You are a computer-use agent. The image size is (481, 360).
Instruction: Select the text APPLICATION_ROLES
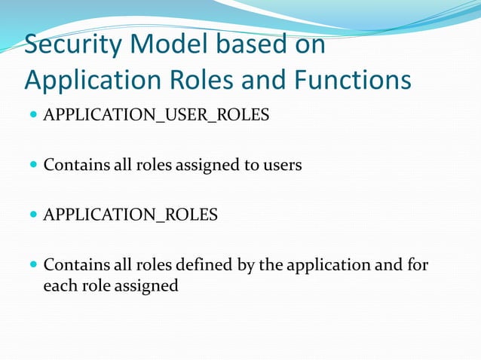tap(130, 215)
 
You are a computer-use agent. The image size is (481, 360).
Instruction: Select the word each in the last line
tap(58, 286)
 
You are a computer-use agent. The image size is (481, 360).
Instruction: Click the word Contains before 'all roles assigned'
tap(73, 165)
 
